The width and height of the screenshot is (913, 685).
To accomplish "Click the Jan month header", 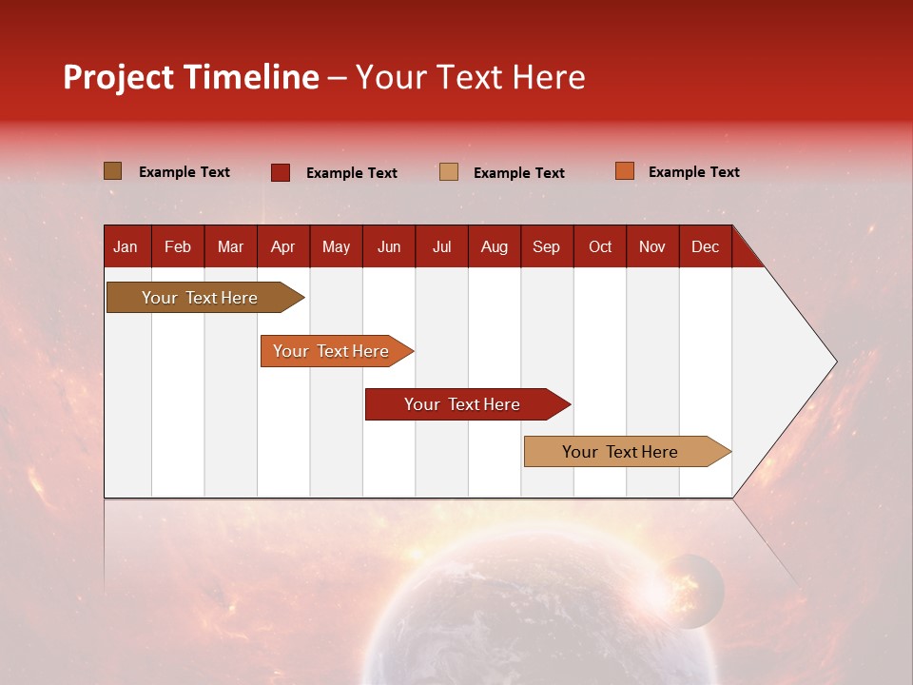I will [126, 246].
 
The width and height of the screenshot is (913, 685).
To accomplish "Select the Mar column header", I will [230, 246].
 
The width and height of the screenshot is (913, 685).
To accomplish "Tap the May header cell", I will [336, 246].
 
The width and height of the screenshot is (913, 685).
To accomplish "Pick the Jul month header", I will [441, 246].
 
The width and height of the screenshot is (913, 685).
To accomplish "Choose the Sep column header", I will [546, 246].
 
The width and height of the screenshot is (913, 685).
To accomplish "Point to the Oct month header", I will [599, 246].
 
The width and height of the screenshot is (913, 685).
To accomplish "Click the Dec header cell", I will [705, 246].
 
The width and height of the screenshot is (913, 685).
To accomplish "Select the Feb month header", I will [178, 246].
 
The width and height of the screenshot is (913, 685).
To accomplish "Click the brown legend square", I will [112, 171].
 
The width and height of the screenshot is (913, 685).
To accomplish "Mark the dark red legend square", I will [281, 172].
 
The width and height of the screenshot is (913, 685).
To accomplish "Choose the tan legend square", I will [449, 172].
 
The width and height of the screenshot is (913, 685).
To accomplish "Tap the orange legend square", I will [625, 171].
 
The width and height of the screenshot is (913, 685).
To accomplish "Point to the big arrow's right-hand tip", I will [834, 362].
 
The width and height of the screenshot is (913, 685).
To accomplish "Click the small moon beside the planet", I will [692, 591].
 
